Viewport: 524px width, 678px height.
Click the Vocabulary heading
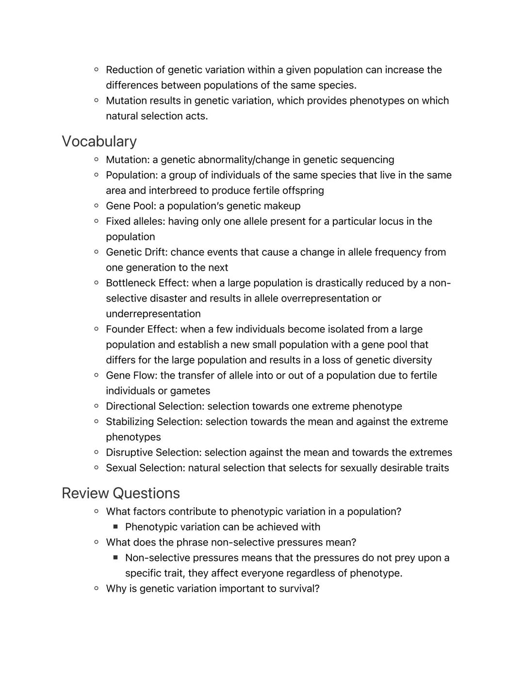(x=99, y=141)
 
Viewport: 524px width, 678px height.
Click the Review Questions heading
(x=120, y=493)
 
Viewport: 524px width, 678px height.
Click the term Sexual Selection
(x=145, y=468)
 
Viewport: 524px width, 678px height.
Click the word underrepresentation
(x=153, y=314)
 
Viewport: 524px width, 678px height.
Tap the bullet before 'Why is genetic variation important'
(x=96, y=588)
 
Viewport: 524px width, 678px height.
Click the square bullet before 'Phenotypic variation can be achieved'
(x=115, y=527)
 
